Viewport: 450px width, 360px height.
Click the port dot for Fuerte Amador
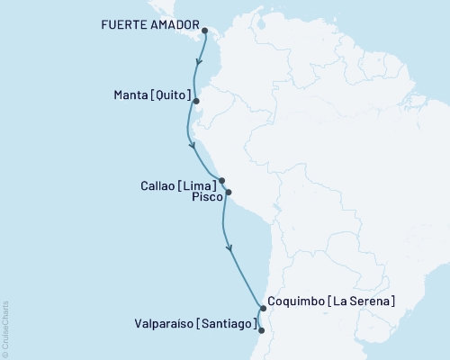[205, 31]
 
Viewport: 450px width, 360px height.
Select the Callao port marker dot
[221, 180]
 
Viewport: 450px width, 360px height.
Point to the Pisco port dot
[229, 192]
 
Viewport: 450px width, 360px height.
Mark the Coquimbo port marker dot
[263, 309]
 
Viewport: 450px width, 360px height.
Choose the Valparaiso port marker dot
[261, 330]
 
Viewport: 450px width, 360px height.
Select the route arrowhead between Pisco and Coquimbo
[229, 246]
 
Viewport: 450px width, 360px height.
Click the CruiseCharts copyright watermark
[6, 328]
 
